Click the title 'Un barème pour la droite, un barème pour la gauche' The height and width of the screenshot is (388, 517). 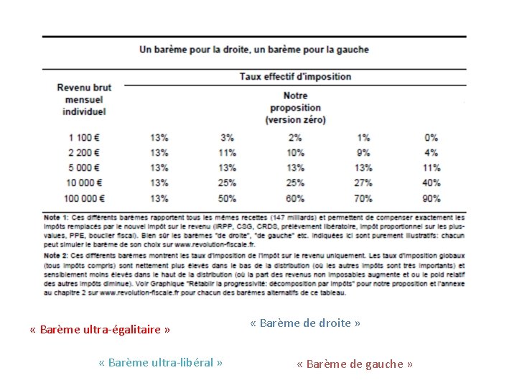253,50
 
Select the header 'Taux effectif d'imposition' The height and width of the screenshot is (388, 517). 295,76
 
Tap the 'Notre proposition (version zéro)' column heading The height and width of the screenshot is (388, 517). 295,107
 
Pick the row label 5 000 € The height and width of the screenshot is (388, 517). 84,167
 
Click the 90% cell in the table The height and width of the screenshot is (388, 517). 431,198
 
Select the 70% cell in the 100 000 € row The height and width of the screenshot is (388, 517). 363,198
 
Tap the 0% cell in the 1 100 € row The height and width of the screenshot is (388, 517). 431,137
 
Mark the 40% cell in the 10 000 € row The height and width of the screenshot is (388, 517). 431,183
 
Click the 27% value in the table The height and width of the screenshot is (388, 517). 363,183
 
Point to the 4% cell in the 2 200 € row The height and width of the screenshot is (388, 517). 431,152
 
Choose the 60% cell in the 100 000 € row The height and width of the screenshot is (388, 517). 295,198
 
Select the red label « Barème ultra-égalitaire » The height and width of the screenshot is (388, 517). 100,330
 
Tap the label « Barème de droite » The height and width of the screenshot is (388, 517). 305,323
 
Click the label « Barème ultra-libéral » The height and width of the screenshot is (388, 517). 160,362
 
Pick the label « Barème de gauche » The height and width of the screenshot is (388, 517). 355,364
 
